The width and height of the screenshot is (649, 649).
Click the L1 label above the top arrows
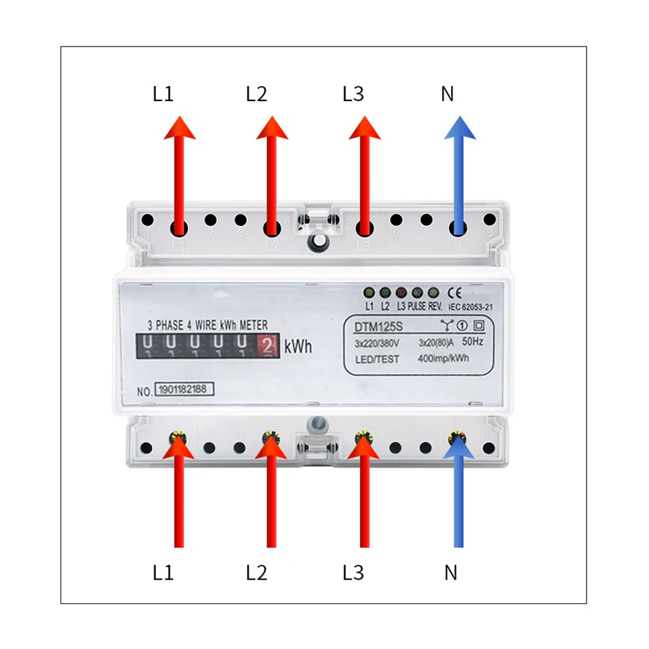tap(163, 94)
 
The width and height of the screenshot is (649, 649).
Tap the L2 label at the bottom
tap(256, 573)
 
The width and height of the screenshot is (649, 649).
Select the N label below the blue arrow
tap(450, 573)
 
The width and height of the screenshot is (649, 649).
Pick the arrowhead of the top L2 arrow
tap(272, 127)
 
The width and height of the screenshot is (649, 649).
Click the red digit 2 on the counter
tap(268, 345)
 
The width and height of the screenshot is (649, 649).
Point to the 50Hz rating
tap(471, 342)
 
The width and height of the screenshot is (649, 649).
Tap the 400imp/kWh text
tap(444, 359)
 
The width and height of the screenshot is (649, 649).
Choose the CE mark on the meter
tap(456, 293)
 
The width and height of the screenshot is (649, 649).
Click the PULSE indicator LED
tap(417, 293)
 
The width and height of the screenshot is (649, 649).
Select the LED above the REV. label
tap(433, 293)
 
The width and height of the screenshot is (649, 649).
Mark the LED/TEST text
tap(377, 359)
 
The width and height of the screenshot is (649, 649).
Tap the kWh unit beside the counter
tap(298, 347)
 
